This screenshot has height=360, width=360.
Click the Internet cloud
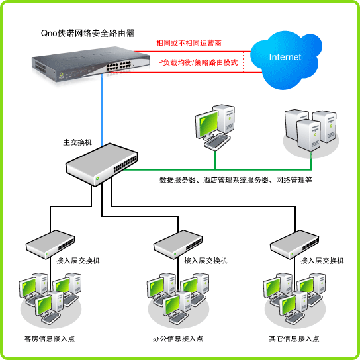coord(286,60)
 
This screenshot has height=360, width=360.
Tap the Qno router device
coord(91,64)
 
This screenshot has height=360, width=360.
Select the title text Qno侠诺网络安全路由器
coord(87,34)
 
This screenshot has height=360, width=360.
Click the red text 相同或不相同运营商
coord(189,43)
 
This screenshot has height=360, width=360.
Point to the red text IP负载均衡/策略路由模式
coord(197,62)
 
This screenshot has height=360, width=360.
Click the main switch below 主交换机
coord(102,164)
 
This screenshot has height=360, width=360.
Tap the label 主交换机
coord(77,142)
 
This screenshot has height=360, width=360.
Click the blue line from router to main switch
coord(102,110)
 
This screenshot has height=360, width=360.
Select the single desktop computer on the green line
coord(215,127)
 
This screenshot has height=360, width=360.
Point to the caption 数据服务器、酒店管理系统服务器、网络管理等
coord(236,180)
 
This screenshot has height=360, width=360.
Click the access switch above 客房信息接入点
coord(50,244)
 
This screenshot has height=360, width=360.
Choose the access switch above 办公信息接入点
coord(178,244)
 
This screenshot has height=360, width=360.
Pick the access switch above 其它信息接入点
coord(294,244)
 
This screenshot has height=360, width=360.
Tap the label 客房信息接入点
coord(50,339)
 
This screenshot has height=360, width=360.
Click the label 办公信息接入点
coord(178,339)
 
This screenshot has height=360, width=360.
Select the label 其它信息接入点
coord(294,339)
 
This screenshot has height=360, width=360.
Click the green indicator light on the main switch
coord(97,178)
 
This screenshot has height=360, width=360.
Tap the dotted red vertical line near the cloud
coord(244,62)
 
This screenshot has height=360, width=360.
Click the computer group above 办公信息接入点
coord(178,299)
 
